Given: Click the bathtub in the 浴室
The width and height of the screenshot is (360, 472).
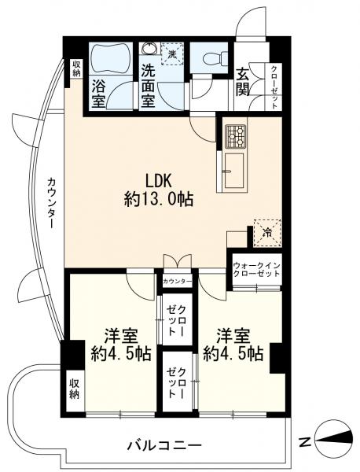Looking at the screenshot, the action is click(111, 58).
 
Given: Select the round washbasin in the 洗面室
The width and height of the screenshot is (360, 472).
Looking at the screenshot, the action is click(149, 48).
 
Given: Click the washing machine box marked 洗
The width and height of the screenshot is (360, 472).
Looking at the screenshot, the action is click(173, 54).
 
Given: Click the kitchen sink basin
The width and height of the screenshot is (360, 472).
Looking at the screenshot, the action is click(233, 171).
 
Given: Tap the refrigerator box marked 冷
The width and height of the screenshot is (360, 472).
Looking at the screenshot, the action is click(267, 233).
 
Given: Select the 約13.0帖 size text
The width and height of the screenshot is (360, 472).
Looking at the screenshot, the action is click(159, 199).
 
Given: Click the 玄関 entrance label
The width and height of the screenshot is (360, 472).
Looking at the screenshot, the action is click(242, 82).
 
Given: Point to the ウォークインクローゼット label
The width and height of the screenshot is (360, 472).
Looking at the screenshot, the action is click(257, 270).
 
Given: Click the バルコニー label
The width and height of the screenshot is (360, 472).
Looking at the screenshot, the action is click(164, 445).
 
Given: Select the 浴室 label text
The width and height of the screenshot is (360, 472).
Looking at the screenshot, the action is click(99, 94).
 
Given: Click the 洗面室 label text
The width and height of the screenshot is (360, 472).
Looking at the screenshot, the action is click(149, 86).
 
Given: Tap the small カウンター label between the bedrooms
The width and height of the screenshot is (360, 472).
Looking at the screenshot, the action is click(177, 282).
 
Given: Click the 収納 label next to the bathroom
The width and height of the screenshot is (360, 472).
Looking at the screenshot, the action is click(76, 68).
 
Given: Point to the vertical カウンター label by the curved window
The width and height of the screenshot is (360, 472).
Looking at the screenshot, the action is click(52, 203).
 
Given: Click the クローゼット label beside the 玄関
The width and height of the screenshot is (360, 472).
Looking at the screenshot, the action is click(274, 87).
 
